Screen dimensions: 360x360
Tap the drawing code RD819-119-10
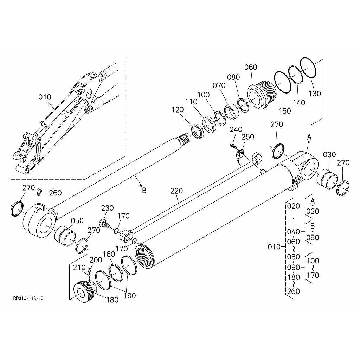pyautogui.click(x=28, y=298)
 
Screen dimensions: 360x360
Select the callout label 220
pyautogui.click(x=176, y=191)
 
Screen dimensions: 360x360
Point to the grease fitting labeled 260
pyautogui.click(x=39, y=192)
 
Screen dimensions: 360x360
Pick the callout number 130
pyautogui.click(x=315, y=94)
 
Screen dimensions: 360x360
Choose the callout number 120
pyautogui.click(x=178, y=110)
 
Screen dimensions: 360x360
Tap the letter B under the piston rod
pyautogui.click(x=144, y=191)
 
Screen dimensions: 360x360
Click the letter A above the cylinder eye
pyautogui.click(x=309, y=136)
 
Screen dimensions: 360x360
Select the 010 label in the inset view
pyautogui.click(x=45, y=97)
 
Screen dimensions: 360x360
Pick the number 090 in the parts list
pyautogui.click(x=294, y=268)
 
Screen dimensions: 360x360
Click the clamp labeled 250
pyautogui.click(x=240, y=153)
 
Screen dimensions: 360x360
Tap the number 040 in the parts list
pyautogui.click(x=294, y=232)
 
